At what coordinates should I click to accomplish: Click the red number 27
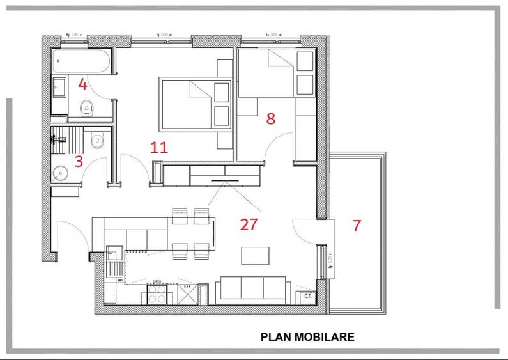click(249, 224)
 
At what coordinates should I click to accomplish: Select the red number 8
click(271, 118)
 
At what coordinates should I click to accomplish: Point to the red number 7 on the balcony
click(357, 225)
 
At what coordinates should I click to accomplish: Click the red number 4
click(82, 84)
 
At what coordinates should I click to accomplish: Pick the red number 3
click(79, 160)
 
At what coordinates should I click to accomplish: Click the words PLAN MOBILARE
click(307, 336)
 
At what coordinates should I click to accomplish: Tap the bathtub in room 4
click(82, 61)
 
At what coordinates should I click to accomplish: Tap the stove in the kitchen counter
click(157, 293)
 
